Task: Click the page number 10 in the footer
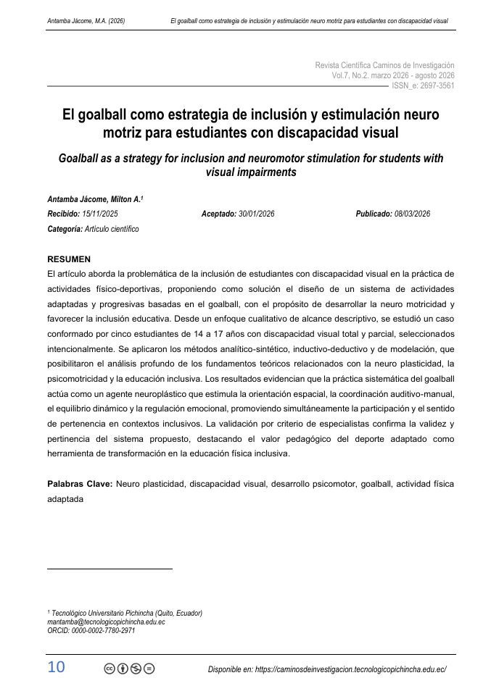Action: (x=56, y=667)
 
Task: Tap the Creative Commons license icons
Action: (x=130, y=669)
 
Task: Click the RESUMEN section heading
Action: (x=69, y=259)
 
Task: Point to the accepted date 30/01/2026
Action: (x=256, y=214)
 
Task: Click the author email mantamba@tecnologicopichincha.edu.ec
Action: (x=106, y=621)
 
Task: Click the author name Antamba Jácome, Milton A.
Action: (x=94, y=199)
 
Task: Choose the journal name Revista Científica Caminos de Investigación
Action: (x=384, y=65)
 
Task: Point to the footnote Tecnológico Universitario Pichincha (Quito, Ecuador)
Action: (x=125, y=613)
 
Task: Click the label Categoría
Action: (x=64, y=228)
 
